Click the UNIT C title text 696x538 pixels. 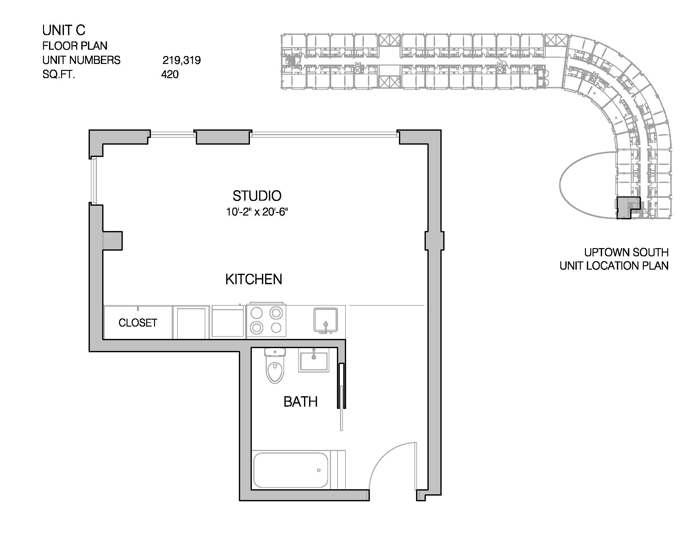(64, 30)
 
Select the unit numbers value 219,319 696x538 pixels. (182, 60)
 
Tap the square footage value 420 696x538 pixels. (170, 74)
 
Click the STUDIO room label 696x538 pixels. (257, 196)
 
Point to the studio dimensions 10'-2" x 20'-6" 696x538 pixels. (257, 212)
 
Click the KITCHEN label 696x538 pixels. (254, 279)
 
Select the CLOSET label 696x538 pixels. (138, 323)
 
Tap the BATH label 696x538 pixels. (301, 402)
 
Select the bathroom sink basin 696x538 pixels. (314, 360)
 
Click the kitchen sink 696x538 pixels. (325, 320)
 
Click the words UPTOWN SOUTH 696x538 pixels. (626, 253)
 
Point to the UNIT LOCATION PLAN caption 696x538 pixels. (614, 266)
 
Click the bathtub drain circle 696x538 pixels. (319, 470)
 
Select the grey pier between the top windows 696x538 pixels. (223, 137)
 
